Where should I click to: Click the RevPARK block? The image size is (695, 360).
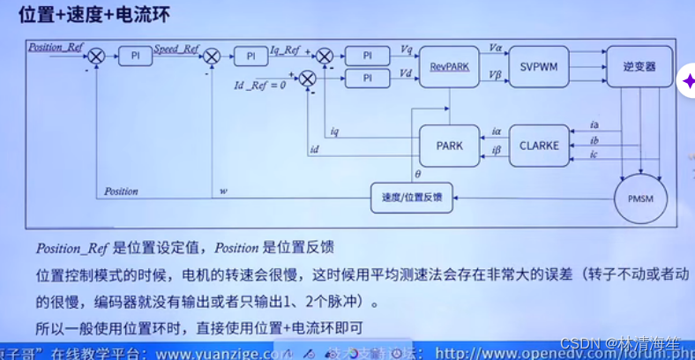pos(448,65)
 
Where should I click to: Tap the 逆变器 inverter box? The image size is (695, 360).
pos(639,65)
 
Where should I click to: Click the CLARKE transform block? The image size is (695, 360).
pos(540,146)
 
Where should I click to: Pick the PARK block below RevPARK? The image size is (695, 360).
pos(449,146)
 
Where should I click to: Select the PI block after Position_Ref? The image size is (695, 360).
pos(136,56)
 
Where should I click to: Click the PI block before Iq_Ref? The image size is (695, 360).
pos(250,56)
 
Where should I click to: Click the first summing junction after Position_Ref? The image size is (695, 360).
pos(96,56)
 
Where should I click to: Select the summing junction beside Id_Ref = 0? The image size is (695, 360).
pos(307,79)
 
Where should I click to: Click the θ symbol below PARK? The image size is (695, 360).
pos(417,175)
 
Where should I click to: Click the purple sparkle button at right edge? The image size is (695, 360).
pos(687,81)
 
